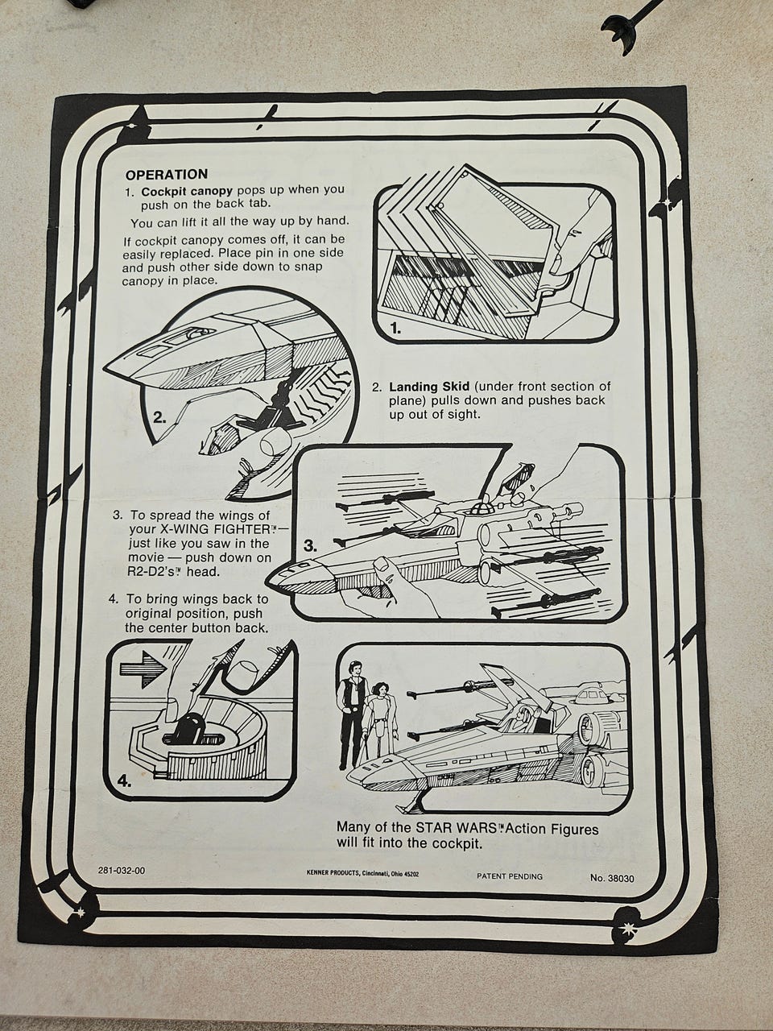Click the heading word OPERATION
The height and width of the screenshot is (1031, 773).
point(166,175)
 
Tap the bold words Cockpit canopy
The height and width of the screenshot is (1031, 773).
point(187,192)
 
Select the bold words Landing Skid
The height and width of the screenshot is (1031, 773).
point(429,387)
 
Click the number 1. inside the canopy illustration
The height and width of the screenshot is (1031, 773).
point(395,329)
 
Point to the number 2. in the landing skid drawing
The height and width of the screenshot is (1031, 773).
point(160,417)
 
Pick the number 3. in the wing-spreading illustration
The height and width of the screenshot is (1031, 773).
point(310,546)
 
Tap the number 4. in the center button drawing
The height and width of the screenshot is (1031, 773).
point(124,781)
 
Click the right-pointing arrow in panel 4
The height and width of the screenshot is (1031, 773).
point(143,669)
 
